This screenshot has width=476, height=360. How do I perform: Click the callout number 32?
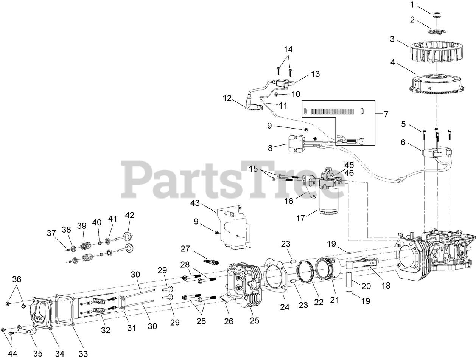106,330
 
